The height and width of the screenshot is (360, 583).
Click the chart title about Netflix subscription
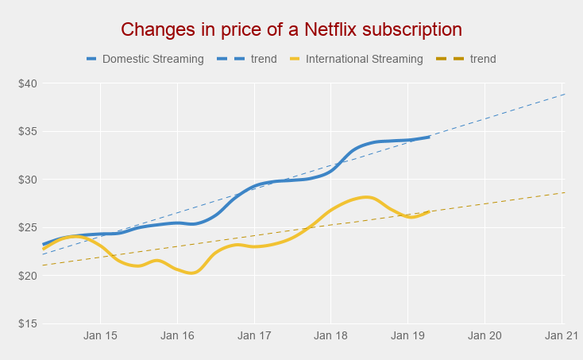pyautogui.click(x=291, y=30)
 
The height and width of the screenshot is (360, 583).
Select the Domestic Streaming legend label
pyautogui.click(x=153, y=59)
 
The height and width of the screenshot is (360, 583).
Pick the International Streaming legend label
pyautogui.click(x=364, y=59)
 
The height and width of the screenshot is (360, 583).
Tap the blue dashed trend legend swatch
pyautogui.click(x=231, y=59)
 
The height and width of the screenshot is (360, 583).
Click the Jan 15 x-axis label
pyautogui.click(x=100, y=336)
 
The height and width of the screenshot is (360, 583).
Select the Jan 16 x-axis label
pyautogui.click(x=177, y=336)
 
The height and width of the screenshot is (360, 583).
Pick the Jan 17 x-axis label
pyautogui.click(x=254, y=336)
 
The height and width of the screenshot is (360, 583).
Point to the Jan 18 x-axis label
pyautogui.click(x=331, y=336)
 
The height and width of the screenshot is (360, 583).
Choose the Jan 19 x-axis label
pyautogui.click(x=408, y=336)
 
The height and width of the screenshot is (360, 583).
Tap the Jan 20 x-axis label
pyautogui.click(x=485, y=336)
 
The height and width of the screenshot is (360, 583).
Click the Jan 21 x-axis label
pyautogui.click(x=562, y=336)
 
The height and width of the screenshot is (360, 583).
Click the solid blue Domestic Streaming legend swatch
pyautogui.click(x=91, y=59)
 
